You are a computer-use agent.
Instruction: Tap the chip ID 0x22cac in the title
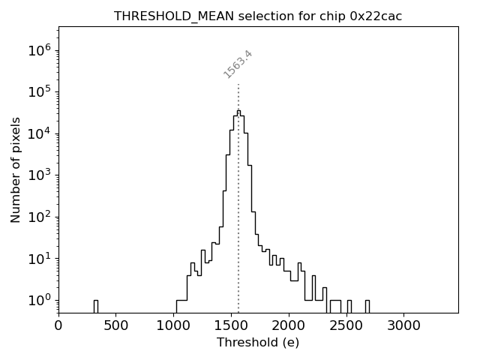(x=376, y=16)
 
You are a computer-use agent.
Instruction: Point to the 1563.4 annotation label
(x=238, y=64)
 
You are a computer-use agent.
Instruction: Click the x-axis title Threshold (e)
(x=258, y=343)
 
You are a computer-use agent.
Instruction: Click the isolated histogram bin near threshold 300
(x=95, y=305)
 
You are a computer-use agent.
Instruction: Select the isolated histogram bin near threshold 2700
(x=367, y=305)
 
